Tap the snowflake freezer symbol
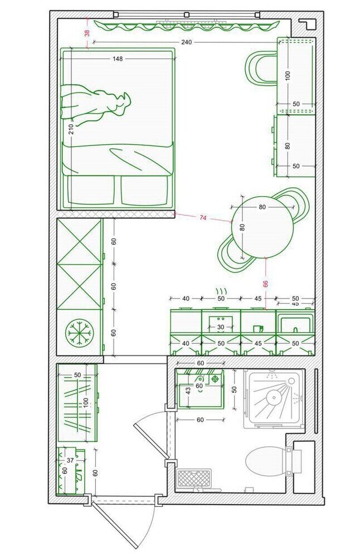coord(79,333)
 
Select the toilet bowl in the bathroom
coord(265,460)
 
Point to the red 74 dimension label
coord(202,218)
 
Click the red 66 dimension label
coord(265,284)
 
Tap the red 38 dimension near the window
coord(87,33)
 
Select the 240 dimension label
coord(186,42)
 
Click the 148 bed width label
coord(118,58)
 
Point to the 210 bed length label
coord(71,129)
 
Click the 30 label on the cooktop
coord(221,327)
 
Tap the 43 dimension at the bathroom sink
coord(188,391)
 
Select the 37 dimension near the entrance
coord(70,461)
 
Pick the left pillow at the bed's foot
coord(91,190)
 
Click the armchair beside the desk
coord(260,68)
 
